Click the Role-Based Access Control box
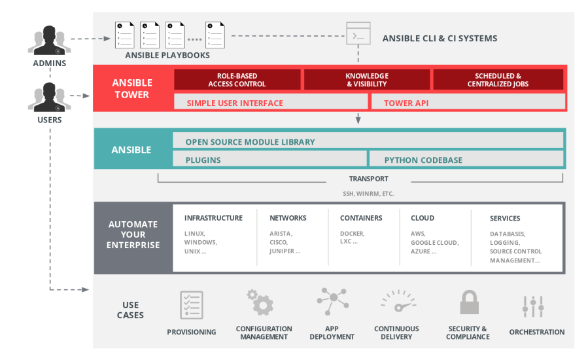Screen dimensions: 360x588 [237, 80]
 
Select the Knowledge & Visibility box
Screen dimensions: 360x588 [366, 80]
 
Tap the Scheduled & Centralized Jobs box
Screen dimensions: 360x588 [498, 80]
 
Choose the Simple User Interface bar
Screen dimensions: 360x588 [271, 103]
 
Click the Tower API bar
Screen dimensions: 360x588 [468, 103]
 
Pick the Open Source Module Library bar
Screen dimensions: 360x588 [368, 141]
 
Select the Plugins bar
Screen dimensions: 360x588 [269, 160]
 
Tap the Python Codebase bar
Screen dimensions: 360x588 [466, 160]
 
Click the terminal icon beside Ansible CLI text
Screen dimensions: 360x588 [358, 34]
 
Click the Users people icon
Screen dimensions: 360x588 [49, 97]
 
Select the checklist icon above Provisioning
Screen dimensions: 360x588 [192, 305]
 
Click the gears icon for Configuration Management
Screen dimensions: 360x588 [260, 303]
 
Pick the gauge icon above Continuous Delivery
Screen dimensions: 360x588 [396, 304]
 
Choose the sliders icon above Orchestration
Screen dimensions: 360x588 [533, 305]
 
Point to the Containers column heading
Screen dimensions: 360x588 [360, 218]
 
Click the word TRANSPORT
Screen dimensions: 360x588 [368, 179]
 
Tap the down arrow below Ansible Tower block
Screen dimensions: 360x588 [358, 118]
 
